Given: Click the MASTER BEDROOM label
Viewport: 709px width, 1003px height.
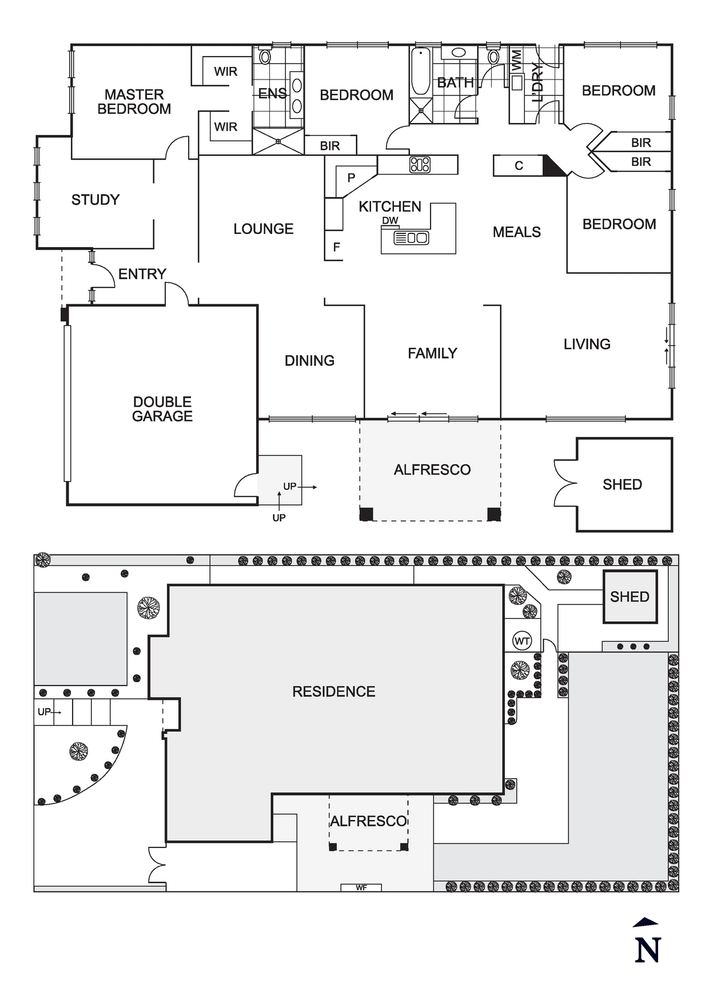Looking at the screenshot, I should [134, 102].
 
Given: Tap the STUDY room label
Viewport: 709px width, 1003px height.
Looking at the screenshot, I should [95, 200].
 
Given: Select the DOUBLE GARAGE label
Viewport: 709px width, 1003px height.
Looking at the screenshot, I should [162, 409].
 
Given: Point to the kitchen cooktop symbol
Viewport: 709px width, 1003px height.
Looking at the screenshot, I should [420, 165].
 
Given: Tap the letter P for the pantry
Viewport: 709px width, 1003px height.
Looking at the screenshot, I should [351, 178].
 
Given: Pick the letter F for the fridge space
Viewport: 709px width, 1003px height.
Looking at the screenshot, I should [336, 247].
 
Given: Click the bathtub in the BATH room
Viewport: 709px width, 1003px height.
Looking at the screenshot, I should [420, 71].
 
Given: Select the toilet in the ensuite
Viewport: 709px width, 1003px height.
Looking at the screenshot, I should [265, 57].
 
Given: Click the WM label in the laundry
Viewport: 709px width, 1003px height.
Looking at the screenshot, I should [516, 60].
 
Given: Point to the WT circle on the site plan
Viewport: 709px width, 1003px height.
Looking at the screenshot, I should [522, 641].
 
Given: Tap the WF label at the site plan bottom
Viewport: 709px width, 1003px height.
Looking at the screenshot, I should [361, 887].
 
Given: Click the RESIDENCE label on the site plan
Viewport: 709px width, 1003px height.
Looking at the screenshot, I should [333, 691].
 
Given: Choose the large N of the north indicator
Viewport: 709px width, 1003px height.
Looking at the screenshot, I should [648, 950].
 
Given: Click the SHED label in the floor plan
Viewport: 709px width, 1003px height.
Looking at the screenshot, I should [622, 484].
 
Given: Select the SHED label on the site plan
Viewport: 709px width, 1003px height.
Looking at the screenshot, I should [630, 597].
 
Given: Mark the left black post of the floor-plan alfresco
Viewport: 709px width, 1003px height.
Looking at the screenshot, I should [366, 514].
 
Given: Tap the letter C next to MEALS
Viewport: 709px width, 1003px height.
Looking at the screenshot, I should [519, 166].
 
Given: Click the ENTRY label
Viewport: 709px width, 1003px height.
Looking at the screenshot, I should [142, 274].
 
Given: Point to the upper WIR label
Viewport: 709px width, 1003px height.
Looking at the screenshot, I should [225, 71].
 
